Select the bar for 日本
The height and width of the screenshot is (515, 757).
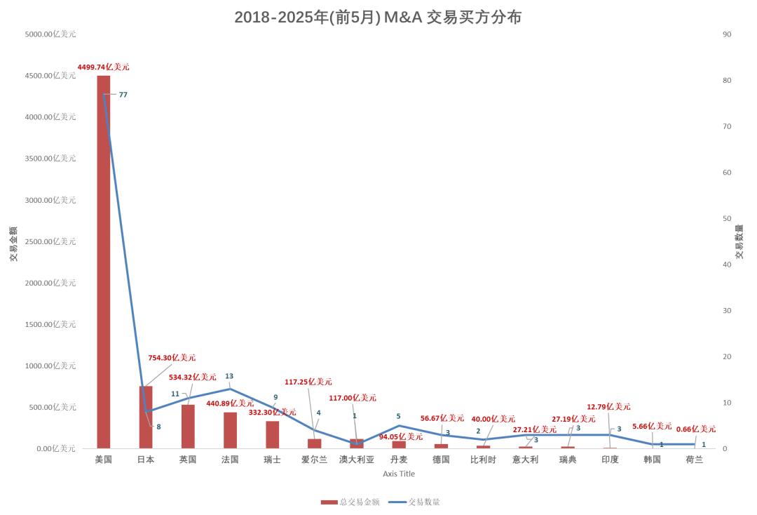[x=146, y=417]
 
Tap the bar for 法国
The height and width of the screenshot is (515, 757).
[x=230, y=430]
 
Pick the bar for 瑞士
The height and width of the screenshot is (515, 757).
[x=273, y=434]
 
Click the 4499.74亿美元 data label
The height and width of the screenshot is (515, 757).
[x=103, y=67]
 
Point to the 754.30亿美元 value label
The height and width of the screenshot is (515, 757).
[x=172, y=358]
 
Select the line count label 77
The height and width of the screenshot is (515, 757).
[x=123, y=95]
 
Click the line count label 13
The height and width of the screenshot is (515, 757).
[x=229, y=376]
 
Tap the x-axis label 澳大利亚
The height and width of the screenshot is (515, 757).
[x=357, y=460]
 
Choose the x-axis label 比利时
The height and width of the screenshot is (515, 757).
[x=483, y=460]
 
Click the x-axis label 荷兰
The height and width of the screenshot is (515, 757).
[x=695, y=460]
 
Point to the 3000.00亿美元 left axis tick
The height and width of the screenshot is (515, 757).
[x=50, y=200]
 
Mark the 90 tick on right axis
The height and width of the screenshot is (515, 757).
[x=727, y=34]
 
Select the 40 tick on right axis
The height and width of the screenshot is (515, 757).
[x=727, y=265]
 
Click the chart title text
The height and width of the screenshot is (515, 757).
[x=378, y=18]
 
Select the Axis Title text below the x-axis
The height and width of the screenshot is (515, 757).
[x=399, y=474]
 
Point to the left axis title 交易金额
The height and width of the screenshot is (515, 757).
[x=13, y=243]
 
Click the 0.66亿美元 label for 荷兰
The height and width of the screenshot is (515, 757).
[x=695, y=429]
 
